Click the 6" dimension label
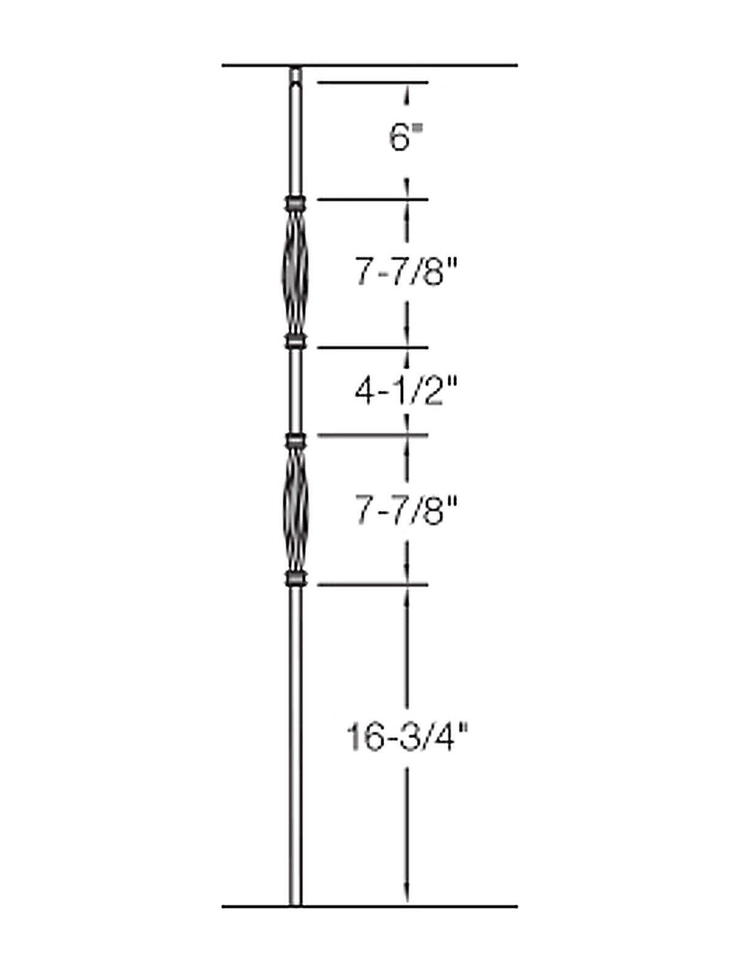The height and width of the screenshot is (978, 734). point(406,137)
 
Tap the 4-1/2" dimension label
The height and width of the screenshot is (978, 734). point(406,391)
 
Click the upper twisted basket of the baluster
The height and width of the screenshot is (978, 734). point(295,273)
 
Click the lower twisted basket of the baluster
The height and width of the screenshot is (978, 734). point(295,509)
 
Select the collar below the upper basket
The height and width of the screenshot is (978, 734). point(295,342)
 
